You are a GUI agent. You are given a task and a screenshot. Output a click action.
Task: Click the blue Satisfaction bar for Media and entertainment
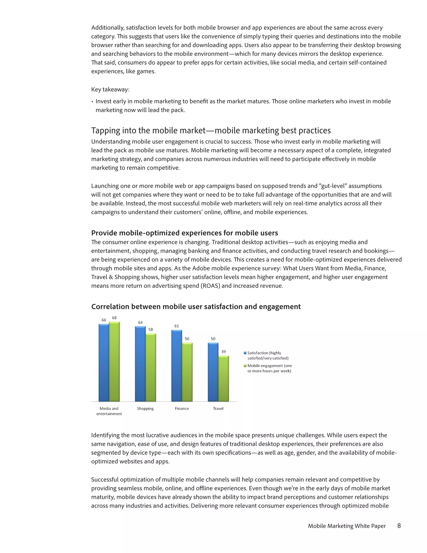pos(104,363)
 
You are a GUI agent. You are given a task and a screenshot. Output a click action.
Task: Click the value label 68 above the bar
pos(114,318)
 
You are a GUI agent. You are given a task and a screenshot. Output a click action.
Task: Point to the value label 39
pos(223,352)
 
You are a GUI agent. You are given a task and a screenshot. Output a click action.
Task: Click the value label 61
pos(177,326)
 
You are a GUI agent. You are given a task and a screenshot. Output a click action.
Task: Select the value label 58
pos(151,330)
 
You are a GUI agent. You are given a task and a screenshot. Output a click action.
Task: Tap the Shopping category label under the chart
pos(145,408)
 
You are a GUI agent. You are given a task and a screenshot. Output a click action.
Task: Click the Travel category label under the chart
pos(218,408)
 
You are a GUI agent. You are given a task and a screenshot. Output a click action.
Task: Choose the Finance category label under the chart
pos(182,408)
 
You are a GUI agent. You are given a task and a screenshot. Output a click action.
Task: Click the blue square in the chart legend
pos(245,353)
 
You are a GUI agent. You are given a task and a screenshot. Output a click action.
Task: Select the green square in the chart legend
pos(245,366)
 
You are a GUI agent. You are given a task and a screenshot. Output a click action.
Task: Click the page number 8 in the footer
pos(399,526)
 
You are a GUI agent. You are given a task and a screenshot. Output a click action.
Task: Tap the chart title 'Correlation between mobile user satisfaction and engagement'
pos(196,307)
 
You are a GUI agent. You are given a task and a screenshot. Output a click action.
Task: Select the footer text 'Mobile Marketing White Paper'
pos(347,526)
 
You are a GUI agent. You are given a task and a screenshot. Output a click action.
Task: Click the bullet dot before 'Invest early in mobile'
pos(92,102)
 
